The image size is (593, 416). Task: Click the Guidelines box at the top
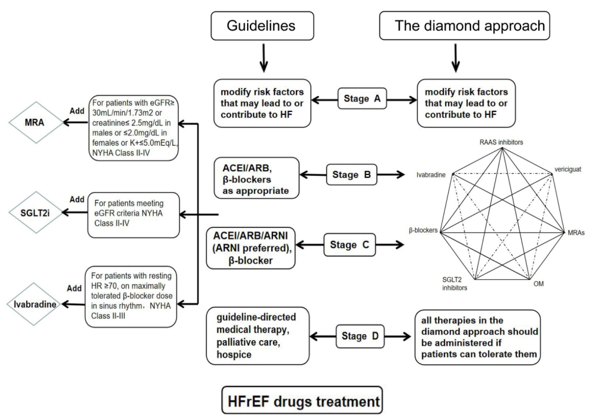262,25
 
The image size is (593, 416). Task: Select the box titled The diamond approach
470,25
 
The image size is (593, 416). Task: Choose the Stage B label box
353,176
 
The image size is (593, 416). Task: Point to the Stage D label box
360,336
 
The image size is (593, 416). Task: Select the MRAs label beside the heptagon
575,233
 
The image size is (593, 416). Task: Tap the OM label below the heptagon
538,284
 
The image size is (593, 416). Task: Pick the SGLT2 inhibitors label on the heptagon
455,284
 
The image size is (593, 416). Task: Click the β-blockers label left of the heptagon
423,231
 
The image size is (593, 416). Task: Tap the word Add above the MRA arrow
77,111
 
